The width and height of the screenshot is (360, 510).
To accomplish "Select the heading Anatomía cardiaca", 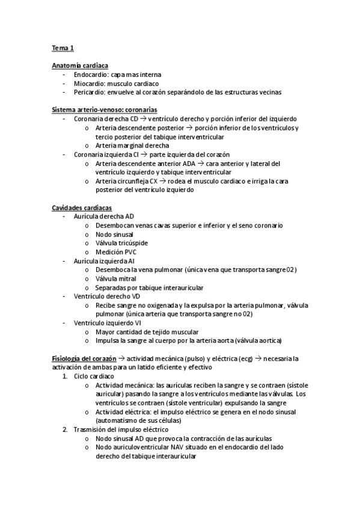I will pyautogui.click(x=80, y=65).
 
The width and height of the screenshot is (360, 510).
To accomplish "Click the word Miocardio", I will pyautogui.click(x=90, y=83).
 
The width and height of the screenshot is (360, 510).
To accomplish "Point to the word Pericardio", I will pyautogui.click(x=90, y=92).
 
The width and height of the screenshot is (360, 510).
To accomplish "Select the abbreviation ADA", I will pyautogui.click(x=195, y=163).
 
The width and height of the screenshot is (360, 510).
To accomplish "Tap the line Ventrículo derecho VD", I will pyautogui.click(x=108, y=296).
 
